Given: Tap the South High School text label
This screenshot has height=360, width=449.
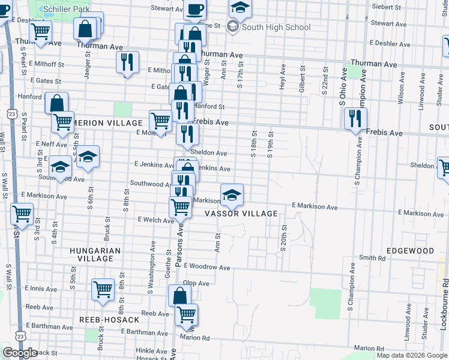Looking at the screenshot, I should point(276,27).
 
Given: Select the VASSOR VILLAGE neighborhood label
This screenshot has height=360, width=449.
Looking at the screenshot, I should point(249,214).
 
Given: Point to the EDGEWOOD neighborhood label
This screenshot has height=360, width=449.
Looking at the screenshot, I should point(410,251).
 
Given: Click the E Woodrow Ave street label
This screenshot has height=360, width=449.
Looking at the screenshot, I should point(207,266).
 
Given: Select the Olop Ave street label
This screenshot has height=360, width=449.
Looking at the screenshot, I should point(196,283).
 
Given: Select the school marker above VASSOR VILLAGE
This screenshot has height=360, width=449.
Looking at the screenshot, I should point(232,193).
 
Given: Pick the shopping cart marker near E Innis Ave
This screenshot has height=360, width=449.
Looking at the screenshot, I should point(103,289).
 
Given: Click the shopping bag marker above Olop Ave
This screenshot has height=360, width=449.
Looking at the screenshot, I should point(179,295).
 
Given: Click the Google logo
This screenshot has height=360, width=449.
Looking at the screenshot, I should point(19,353).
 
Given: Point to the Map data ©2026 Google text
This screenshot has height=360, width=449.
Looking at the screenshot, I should point(412,355).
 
